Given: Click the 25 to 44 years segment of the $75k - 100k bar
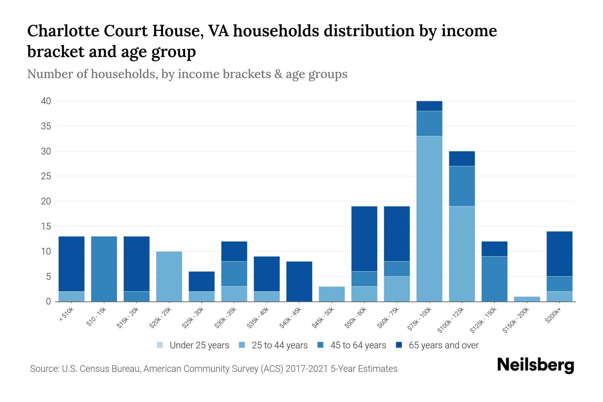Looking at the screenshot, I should coord(429,218).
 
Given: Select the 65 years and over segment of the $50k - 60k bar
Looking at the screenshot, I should coord(364,239).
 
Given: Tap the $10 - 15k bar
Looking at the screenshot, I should coord(104,269).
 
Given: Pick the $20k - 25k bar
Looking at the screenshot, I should coord(169,276).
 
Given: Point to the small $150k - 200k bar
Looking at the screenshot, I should coord(527,299).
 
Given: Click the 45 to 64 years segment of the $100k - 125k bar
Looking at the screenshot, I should coord(462,186).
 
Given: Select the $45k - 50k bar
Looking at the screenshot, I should coord(332,294).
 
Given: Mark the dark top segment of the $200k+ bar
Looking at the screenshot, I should coord(559,254).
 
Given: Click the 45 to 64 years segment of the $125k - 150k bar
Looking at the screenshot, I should coord(494,279).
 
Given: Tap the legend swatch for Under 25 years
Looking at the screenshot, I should coord(160,345).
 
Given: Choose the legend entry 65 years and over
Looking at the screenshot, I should coord(444,345).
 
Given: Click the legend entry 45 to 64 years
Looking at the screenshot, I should coord(358,345).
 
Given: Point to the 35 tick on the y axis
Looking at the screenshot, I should coord(46,126).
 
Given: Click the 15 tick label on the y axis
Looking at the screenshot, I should coord(46,226).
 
